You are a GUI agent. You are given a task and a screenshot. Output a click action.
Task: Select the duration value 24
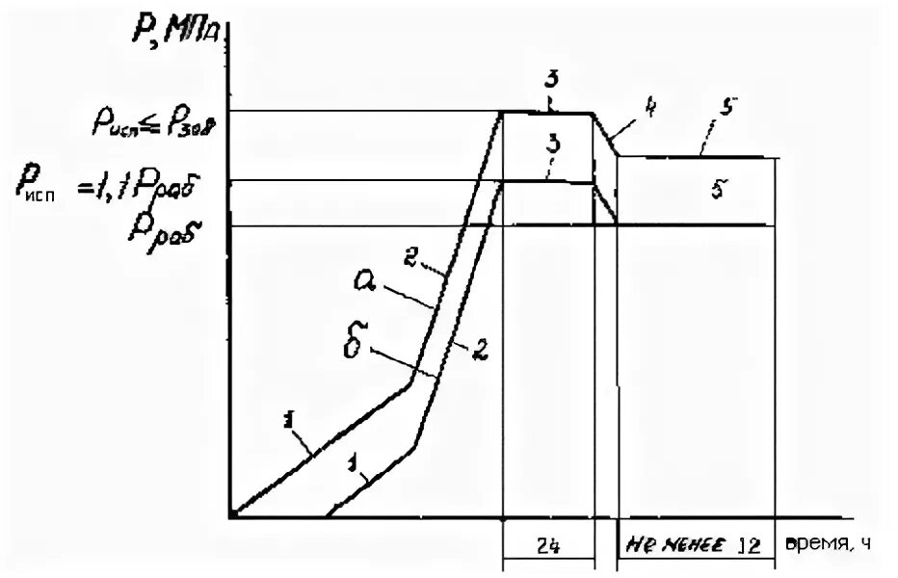tap(547, 544)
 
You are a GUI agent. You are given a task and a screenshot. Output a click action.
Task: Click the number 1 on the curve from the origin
tap(288, 419)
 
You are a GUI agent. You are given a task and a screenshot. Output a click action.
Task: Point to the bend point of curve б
tap(416, 443)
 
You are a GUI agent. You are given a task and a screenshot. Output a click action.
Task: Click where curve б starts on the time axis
tap(326, 516)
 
